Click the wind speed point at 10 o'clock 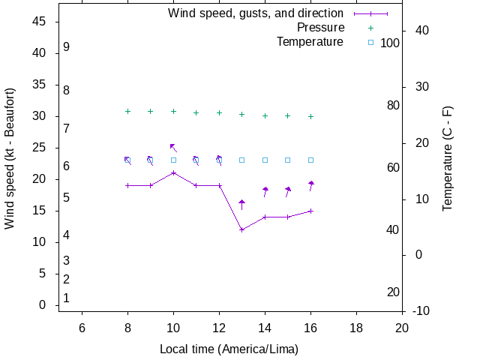(173, 172)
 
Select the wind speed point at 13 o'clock (241, 229)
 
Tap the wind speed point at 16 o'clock (310, 211)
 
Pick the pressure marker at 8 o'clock (127, 111)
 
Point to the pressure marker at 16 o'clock (310, 116)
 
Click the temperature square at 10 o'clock (173, 160)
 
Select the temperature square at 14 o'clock (265, 160)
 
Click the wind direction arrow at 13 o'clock (241, 204)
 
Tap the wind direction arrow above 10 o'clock (173, 148)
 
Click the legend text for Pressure (319, 28)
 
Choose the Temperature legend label (310, 42)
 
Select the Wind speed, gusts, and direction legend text (256, 13)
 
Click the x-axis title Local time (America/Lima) (229, 349)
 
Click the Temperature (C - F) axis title (448, 158)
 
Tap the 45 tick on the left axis (40, 22)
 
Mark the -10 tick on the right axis (421, 311)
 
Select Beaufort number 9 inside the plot (66, 46)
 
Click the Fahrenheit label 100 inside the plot (390, 43)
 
